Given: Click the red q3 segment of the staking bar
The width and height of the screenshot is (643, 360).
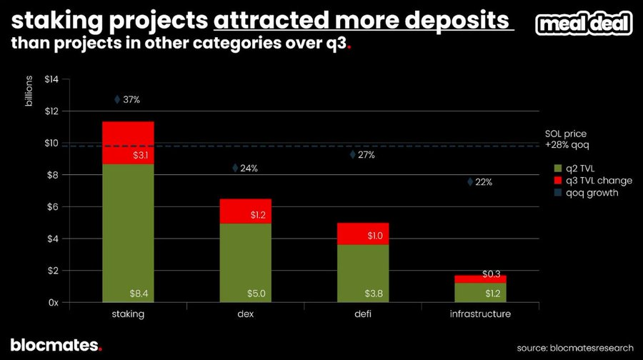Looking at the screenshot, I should (x=128, y=143).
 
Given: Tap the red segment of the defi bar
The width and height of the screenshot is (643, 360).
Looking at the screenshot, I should (x=363, y=234).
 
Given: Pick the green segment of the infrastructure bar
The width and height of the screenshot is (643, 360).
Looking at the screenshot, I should (x=481, y=293).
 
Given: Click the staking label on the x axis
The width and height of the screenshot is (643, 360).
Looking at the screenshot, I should (x=128, y=315).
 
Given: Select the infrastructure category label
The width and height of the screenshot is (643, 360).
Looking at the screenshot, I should (x=481, y=315).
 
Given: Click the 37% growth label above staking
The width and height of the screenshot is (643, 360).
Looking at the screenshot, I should (x=131, y=100).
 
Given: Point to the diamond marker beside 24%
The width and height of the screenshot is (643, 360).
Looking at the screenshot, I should (x=235, y=168).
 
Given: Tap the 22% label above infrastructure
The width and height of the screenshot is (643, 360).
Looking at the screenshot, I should (x=484, y=182).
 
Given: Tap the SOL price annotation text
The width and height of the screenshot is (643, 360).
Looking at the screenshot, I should (x=565, y=139).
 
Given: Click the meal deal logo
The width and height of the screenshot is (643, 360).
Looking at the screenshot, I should (x=583, y=24).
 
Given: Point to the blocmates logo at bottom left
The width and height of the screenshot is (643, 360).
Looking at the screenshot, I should (x=56, y=345).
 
